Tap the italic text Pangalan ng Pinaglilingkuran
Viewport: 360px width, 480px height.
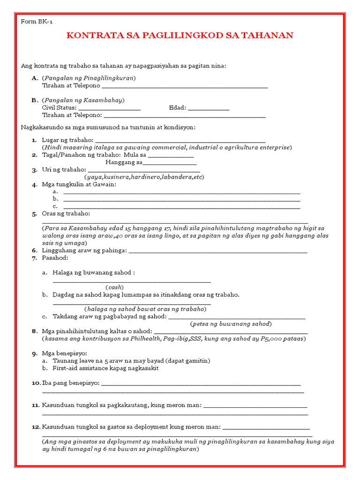pyautogui.click(x=89, y=78)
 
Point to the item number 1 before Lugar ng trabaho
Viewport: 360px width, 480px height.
pyautogui.click(x=34, y=140)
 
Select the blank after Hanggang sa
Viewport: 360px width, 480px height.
pyautogui.click(x=170, y=163)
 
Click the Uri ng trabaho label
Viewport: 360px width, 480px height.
pyautogui.click(x=64, y=170)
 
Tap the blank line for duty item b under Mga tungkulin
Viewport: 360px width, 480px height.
pyautogui.click(x=181, y=199)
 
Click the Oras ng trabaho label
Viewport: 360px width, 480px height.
pyautogui.click(x=66, y=214)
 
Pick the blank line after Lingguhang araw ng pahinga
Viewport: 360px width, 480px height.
pyautogui.click(x=218, y=251)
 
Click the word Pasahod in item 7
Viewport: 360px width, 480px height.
pyautogui.click(x=55, y=258)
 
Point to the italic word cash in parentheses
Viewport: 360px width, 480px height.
pyautogui.click(x=114, y=287)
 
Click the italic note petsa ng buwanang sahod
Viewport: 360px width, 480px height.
pyautogui.click(x=231, y=324)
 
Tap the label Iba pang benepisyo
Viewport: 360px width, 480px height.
pyautogui.click(x=71, y=383)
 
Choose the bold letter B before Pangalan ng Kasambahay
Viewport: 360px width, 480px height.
pyautogui.click(x=34, y=100)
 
